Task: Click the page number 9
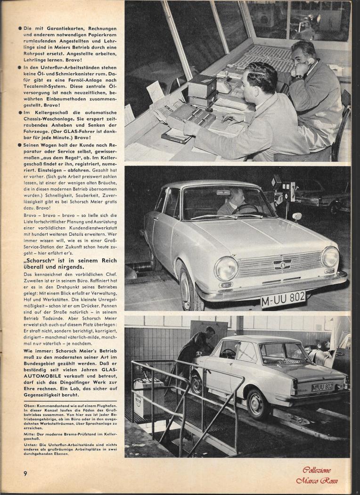pyautogui.click(x=25, y=473)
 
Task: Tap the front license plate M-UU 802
pyautogui.click(x=283, y=299)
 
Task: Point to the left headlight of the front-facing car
pyautogui.click(x=226, y=268)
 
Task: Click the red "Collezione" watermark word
pyautogui.click(x=316, y=470)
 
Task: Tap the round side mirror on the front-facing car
pyautogui.click(x=296, y=216)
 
